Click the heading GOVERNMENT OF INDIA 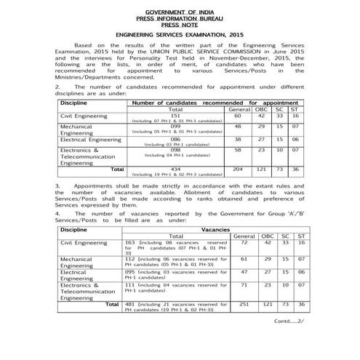click(x=180, y=12)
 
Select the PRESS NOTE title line click(x=180, y=24)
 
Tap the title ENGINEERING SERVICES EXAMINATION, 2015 click(x=180, y=34)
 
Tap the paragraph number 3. click(x=57, y=186)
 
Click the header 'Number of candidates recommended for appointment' click(x=215, y=103)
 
